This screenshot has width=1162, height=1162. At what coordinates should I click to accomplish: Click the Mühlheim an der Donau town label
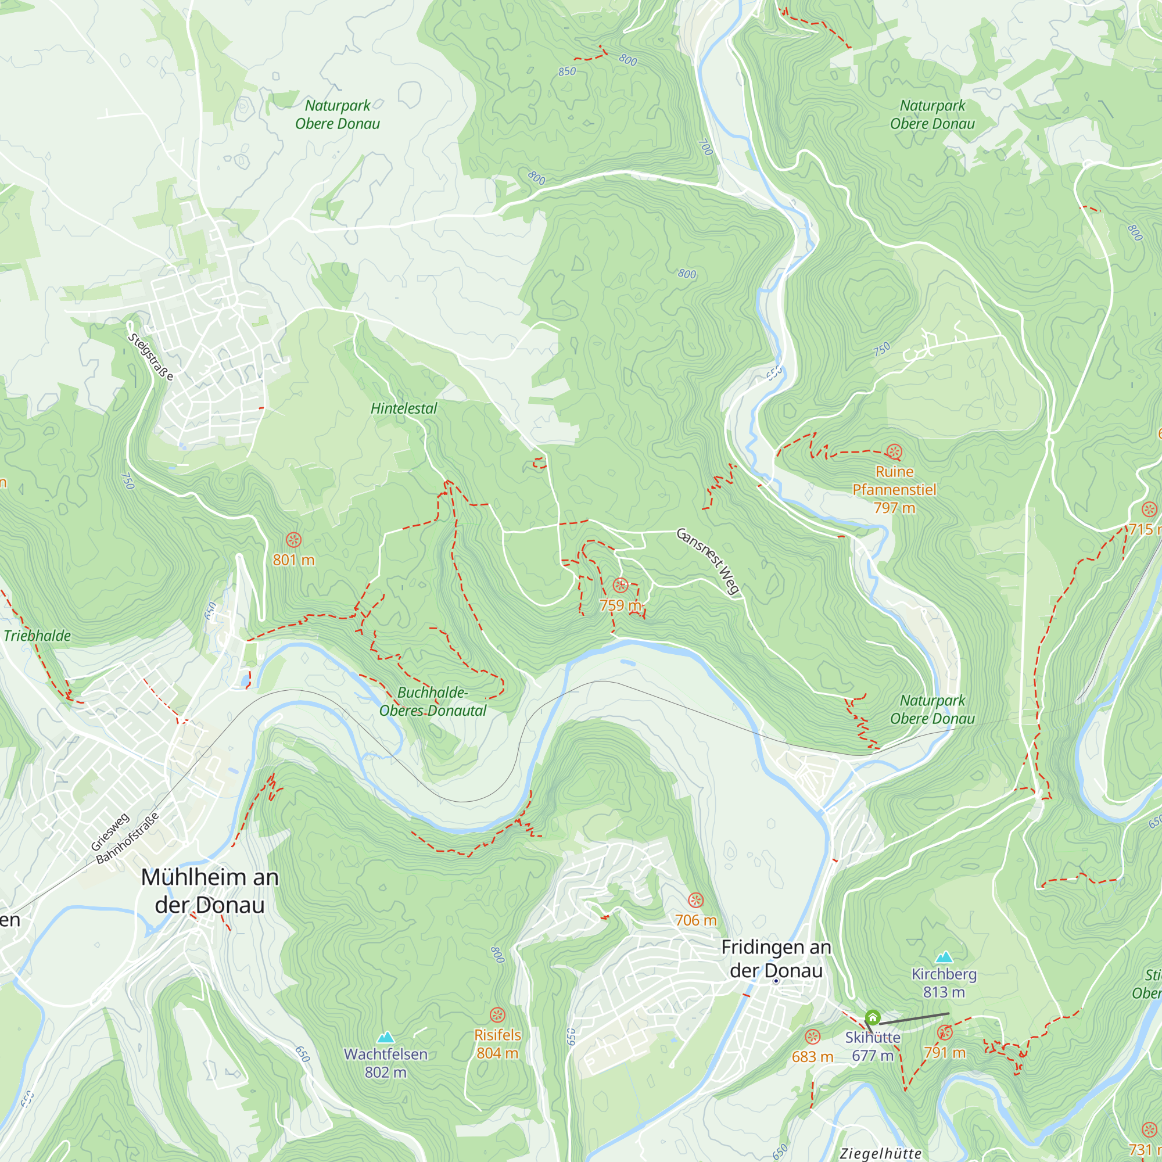[210, 891]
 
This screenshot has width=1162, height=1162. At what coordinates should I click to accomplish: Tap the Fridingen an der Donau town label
[776, 959]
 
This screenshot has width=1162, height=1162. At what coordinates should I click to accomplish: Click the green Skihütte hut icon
[873, 1018]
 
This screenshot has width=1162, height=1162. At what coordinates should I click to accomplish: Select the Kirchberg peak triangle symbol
[944, 957]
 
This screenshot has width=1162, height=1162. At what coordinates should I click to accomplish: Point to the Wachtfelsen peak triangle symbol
[386, 1037]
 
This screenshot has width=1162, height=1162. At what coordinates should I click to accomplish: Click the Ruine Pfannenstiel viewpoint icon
[894, 451]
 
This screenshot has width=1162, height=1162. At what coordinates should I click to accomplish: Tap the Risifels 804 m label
[497, 1043]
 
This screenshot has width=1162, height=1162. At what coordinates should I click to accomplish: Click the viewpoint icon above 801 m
[293, 540]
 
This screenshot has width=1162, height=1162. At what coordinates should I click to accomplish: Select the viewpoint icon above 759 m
[621, 585]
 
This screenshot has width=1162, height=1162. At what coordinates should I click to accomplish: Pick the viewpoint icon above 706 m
[696, 901]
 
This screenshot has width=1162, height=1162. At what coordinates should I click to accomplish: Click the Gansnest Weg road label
[708, 561]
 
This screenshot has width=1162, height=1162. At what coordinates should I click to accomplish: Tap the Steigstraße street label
[150, 357]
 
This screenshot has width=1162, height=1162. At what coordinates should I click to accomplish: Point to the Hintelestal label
[404, 408]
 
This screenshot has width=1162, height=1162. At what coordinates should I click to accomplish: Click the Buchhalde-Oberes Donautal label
[432, 701]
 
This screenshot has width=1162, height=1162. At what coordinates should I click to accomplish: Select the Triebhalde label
[37, 636]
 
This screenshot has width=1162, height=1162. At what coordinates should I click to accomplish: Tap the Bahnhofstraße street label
[127, 838]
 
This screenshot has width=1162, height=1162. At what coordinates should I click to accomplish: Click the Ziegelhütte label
[881, 1153]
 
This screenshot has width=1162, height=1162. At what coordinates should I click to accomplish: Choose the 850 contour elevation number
[566, 71]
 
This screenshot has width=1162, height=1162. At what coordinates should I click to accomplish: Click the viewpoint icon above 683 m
[813, 1037]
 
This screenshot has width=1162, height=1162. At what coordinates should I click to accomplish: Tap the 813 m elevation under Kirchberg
[944, 992]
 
